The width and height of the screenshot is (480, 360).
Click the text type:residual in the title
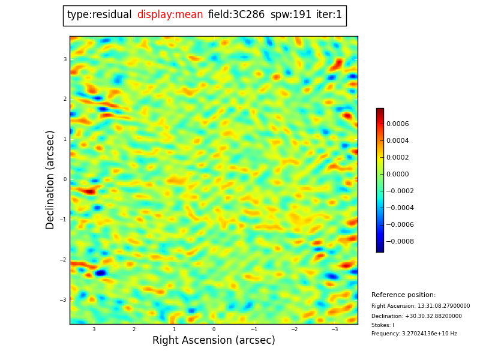pyautogui.click(x=99, y=15)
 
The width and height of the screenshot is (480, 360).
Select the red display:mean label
pyautogui.click(x=170, y=15)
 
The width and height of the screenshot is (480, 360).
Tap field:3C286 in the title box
pyautogui.click(x=236, y=15)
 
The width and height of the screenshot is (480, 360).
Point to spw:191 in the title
pyautogui.click(x=290, y=15)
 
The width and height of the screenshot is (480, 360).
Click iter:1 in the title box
pyautogui.click(x=329, y=15)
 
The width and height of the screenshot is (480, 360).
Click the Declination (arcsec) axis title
pyautogui.click(x=50, y=179)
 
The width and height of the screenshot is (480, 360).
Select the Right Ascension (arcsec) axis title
pyautogui.click(x=214, y=341)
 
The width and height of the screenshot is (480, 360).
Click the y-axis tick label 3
pyautogui.click(x=65, y=59)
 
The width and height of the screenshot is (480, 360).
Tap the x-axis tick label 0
pyautogui.click(x=214, y=329)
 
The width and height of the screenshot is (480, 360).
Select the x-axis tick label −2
pyautogui.click(x=294, y=329)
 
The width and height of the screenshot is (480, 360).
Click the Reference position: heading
pyautogui.click(x=403, y=295)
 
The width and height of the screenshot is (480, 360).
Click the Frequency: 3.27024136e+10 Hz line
pyautogui.click(x=414, y=334)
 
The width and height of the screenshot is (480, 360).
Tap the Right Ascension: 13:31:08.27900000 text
pyautogui.click(x=421, y=306)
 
